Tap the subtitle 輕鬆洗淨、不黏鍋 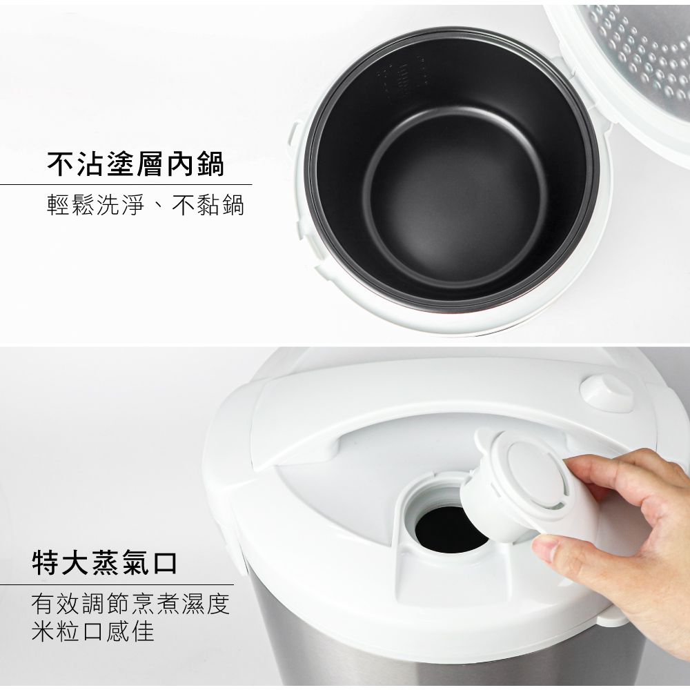(145, 205)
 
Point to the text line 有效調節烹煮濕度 (130, 604)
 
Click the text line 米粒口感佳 (92, 631)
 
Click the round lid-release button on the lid (607, 392)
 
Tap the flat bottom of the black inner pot (455, 200)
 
